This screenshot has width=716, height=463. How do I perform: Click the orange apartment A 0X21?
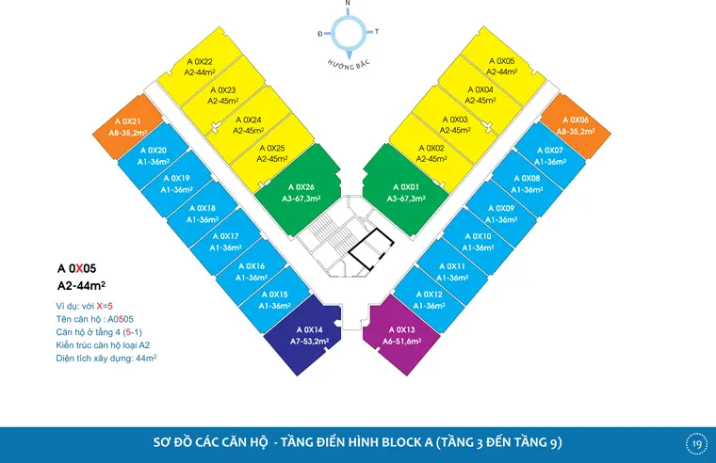point(128,127)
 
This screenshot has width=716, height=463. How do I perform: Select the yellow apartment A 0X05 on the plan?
point(501,66)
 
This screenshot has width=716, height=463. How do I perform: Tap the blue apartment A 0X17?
point(226,241)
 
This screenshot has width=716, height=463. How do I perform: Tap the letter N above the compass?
point(349,5)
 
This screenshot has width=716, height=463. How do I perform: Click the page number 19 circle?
point(696,443)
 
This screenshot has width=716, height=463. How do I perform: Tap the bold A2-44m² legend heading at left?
point(82,285)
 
